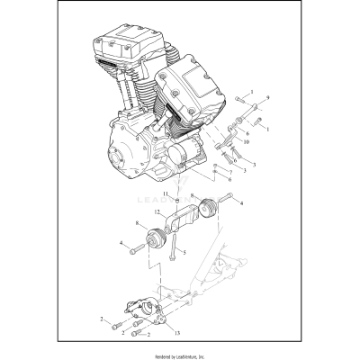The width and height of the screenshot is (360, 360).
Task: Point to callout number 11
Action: click(x=166, y=193)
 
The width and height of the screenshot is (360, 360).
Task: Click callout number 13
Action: click(x=176, y=333)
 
